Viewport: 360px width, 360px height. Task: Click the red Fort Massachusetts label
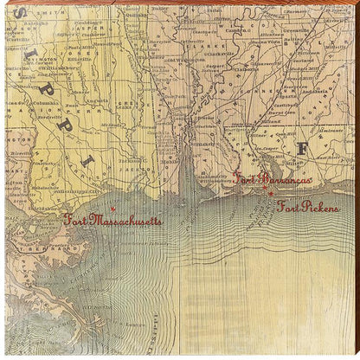click(x=112, y=221)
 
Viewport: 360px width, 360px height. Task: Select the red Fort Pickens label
click(x=308, y=207)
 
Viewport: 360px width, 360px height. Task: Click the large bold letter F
click(x=301, y=149)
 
